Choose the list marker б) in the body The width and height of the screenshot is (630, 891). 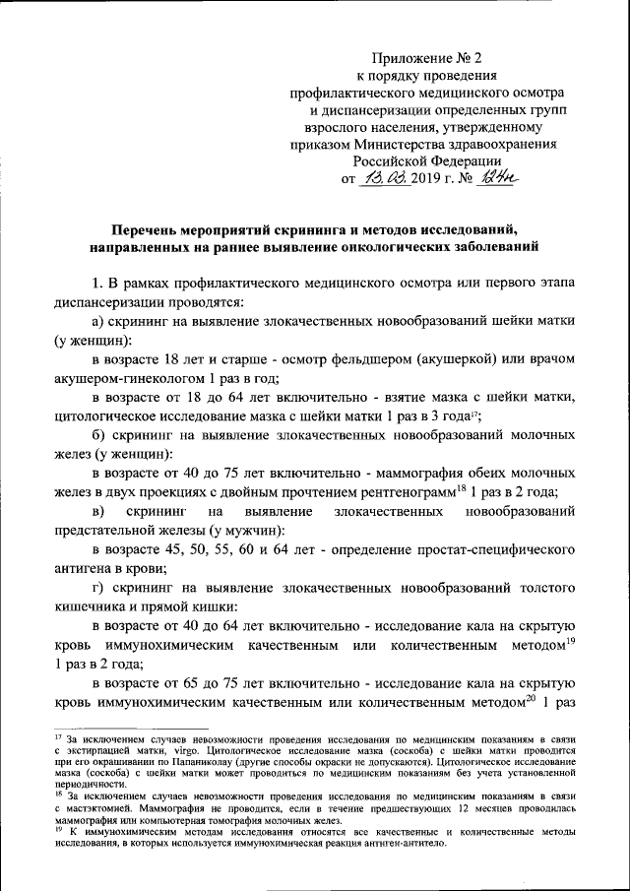(99, 434)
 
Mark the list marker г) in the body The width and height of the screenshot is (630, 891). (98, 588)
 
